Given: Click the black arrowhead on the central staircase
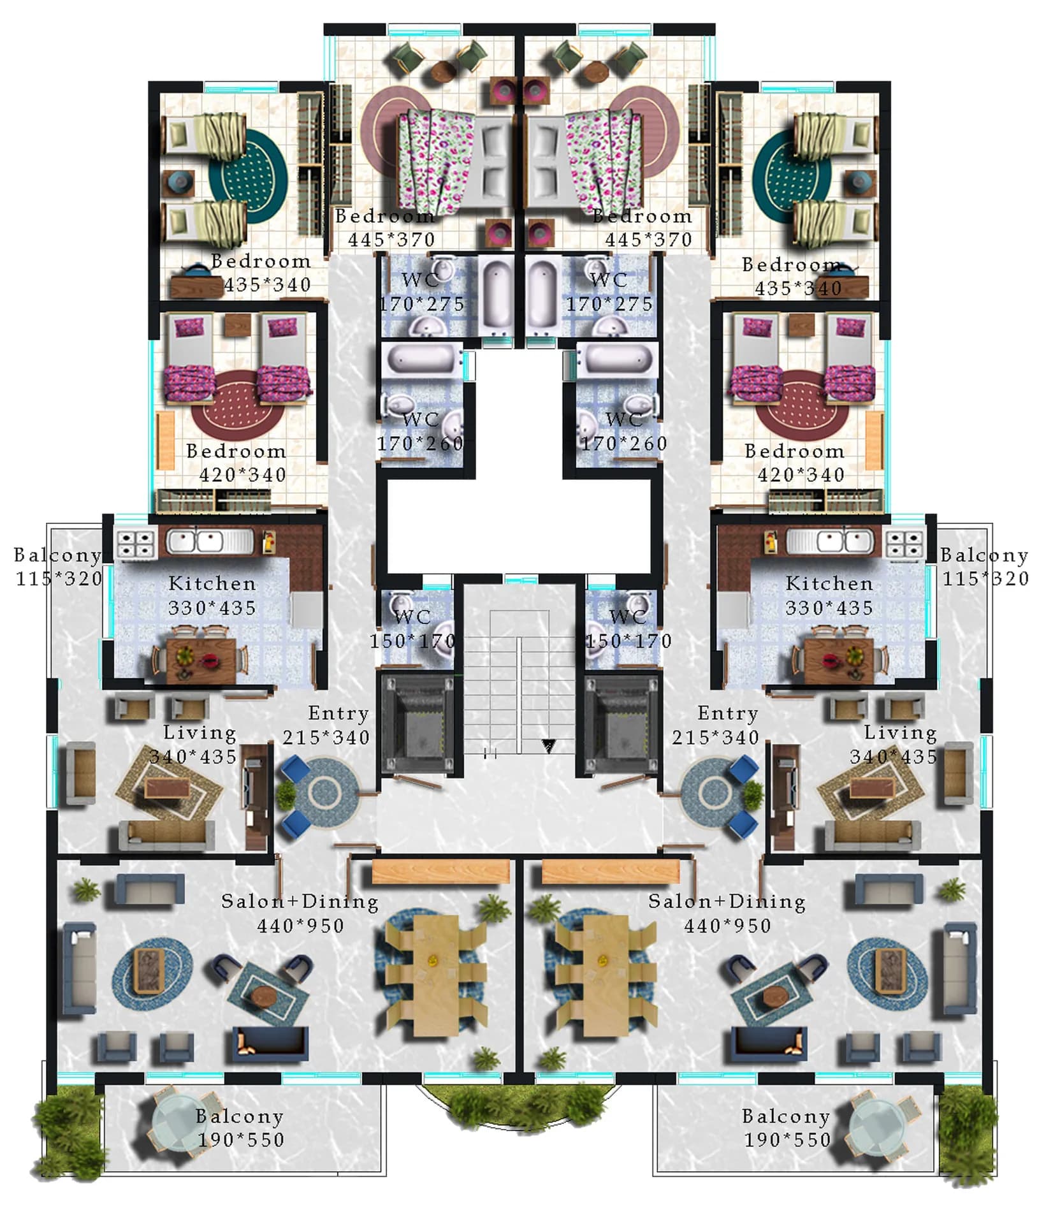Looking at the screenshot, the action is click(548, 745).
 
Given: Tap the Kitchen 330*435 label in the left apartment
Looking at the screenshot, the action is click(212, 596).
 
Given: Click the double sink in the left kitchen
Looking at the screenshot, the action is click(210, 542).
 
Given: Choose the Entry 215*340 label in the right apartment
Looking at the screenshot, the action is click(716, 725).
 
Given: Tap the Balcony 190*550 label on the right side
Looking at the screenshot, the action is click(787, 1128).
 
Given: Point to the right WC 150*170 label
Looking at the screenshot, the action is click(628, 629).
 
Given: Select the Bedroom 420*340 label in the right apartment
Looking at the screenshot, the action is click(795, 463).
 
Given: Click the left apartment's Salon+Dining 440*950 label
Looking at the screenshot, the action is click(300, 914).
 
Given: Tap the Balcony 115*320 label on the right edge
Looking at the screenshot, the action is click(985, 567).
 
